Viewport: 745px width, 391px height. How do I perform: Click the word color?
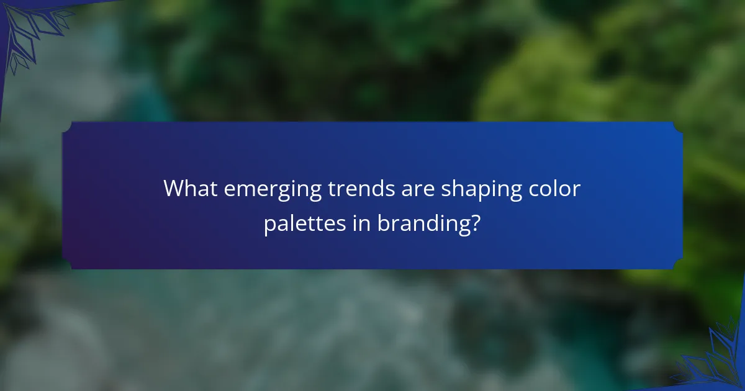(558, 189)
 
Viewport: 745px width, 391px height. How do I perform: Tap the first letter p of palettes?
(269, 225)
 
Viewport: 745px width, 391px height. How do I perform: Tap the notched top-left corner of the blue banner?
(66, 127)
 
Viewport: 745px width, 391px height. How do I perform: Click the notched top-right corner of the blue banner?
(678, 127)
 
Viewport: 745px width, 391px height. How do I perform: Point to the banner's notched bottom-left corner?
(66, 264)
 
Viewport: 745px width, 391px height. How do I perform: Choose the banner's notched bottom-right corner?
(678, 264)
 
